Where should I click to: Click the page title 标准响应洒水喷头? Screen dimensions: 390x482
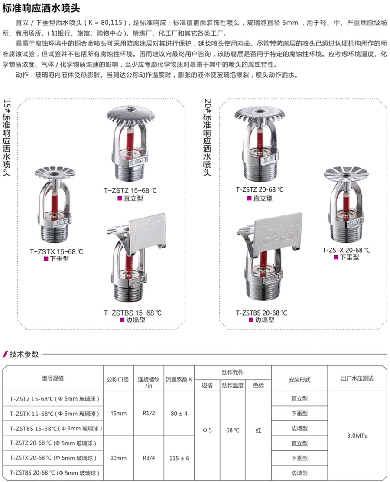(x=41, y=8)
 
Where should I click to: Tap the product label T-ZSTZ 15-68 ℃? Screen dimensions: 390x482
(x=130, y=191)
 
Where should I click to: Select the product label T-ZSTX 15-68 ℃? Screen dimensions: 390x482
(x=56, y=251)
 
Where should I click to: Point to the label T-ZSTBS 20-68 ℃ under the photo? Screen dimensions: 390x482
(x=262, y=313)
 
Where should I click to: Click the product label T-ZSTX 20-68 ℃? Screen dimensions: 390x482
(x=346, y=250)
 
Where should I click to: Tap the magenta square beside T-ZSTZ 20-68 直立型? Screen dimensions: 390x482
(x=250, y=199)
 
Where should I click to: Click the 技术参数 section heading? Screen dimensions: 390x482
(x=24, y=354)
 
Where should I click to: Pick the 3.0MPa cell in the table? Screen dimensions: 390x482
(x=357, y=436)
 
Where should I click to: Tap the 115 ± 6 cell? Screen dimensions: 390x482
(x=179, y=458)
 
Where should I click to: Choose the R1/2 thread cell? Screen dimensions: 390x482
(x=149, y=413)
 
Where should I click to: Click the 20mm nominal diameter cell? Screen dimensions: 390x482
(x=118, y=458)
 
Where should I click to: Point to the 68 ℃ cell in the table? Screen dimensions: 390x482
(x=233, y=430)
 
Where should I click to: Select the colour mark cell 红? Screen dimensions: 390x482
(x=258, y=430)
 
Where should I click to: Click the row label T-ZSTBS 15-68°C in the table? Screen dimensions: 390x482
(x=55, y=429)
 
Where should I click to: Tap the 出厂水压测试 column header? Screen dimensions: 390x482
(x=357, y=378)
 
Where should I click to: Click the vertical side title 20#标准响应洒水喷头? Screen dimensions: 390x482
(x=208, y=137)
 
